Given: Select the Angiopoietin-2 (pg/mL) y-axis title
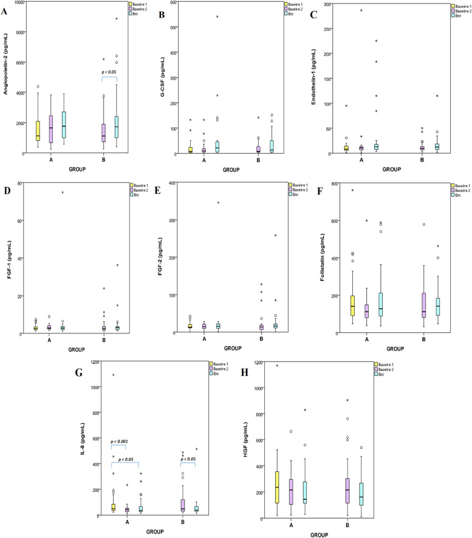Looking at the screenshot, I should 5,77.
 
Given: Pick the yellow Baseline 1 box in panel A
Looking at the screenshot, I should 39,130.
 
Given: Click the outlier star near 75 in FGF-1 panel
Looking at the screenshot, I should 62,193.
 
